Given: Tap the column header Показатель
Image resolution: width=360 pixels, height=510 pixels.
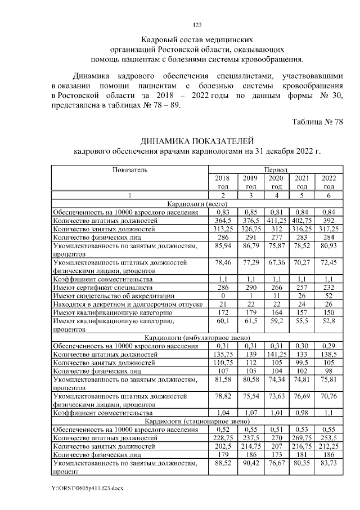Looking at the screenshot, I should pos(130,169).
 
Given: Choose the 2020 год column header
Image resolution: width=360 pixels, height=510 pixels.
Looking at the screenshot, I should pos(276,182).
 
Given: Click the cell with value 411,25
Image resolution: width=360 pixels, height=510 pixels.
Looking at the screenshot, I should pos(276,221).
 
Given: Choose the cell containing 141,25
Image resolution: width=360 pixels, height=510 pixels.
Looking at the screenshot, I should pos(276,355).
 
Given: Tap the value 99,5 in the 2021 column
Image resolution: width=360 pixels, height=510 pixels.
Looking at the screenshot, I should pos(302,363).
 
